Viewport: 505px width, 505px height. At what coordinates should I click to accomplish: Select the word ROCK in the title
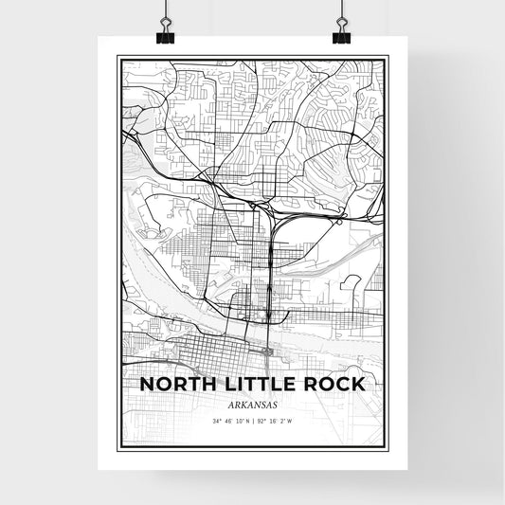click(329, 385)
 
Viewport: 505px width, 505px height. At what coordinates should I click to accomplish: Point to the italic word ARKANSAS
click(252, 402)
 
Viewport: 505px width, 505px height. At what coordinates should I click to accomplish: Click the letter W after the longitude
click(290, 421)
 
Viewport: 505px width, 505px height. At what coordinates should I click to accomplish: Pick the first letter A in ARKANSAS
click(227, 402)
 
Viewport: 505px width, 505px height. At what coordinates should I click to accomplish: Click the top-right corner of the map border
click(388, 56)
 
